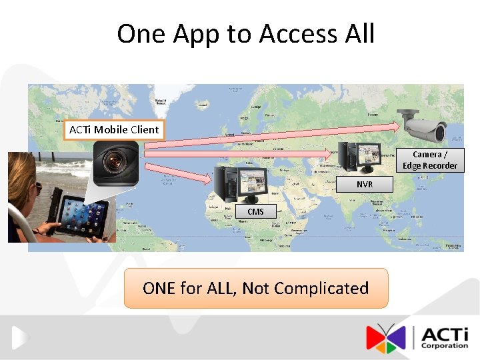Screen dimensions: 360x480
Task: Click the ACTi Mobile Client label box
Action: point(114,129)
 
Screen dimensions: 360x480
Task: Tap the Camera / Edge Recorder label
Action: point(430,160)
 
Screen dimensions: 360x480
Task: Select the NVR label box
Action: point(365,185)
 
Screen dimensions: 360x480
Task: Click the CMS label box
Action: point(255,211)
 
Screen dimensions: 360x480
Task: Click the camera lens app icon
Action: point(116,163)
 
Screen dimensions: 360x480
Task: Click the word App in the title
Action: point(197,33)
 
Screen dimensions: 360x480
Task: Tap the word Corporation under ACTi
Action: point(445,346)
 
